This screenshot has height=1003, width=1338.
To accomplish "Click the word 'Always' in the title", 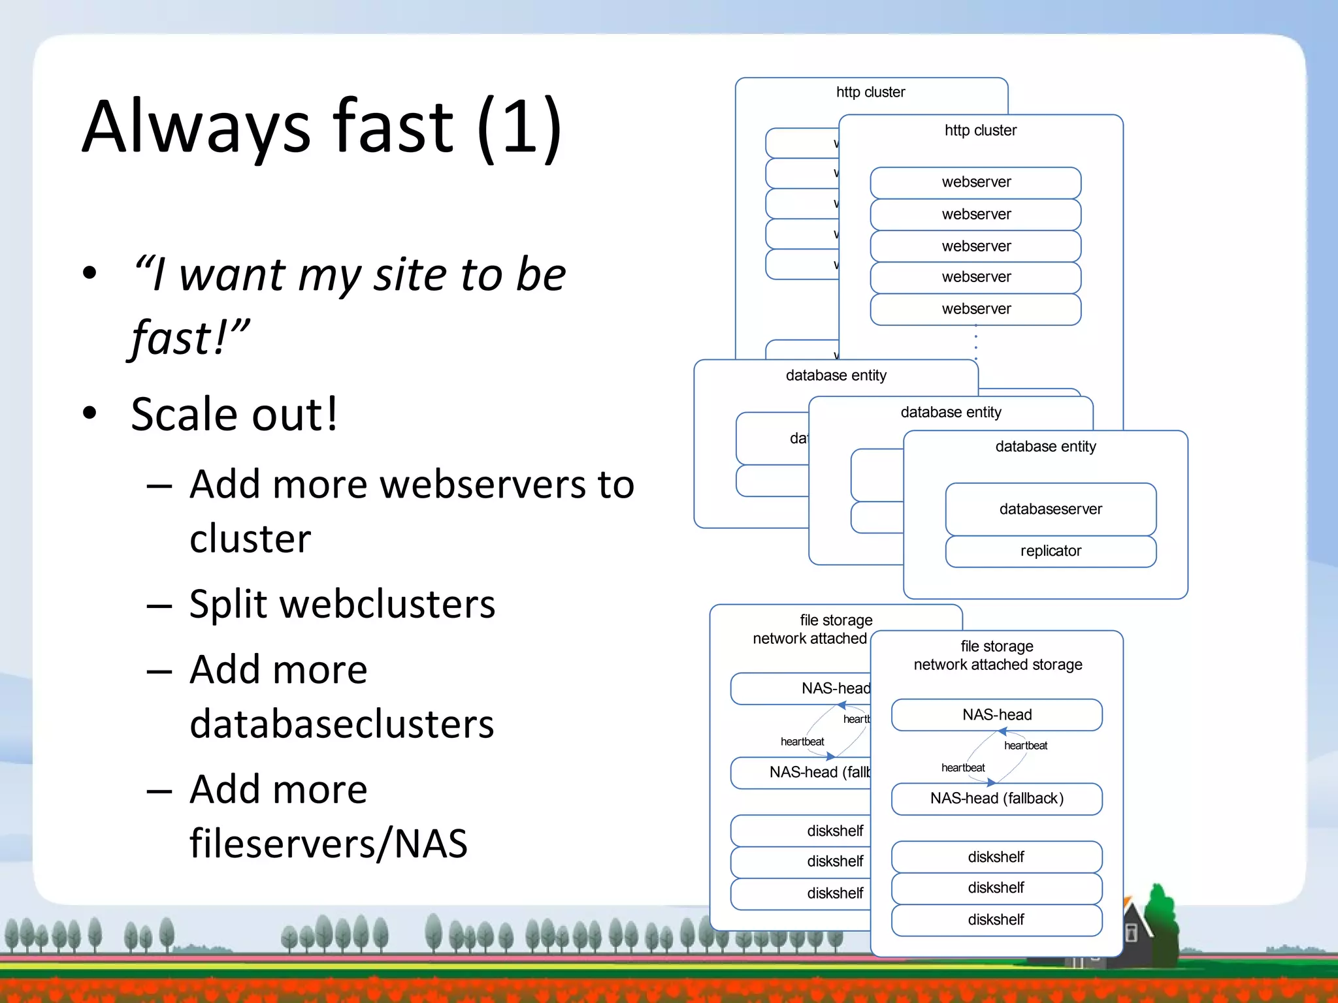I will tap(196, 127).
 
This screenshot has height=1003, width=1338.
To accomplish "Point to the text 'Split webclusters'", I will tap(342, 603).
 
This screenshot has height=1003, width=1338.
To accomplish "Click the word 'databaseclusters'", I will tap(342, 724).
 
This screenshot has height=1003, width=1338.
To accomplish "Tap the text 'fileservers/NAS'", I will tap(328, 843).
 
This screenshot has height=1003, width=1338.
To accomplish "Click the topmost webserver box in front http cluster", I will tap(975, 182).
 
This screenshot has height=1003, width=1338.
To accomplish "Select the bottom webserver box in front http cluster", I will tap(975, 309).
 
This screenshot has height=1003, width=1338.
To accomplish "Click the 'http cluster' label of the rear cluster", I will tap(870, 92).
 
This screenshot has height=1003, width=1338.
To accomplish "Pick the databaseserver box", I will tap(1050, 509).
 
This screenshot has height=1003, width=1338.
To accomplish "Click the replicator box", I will tap(1050, 551).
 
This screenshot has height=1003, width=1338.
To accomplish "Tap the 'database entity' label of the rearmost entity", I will tap(836, 375).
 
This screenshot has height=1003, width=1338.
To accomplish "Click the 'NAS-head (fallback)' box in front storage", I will tap(996, 799).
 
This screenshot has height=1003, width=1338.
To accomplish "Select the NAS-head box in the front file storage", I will tap(996, 714).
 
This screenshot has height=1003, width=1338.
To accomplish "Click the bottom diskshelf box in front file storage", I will tap(996, 919).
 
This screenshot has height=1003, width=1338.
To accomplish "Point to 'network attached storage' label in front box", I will tap(998, 665).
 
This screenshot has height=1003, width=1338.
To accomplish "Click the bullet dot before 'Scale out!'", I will tap(90, 413).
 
